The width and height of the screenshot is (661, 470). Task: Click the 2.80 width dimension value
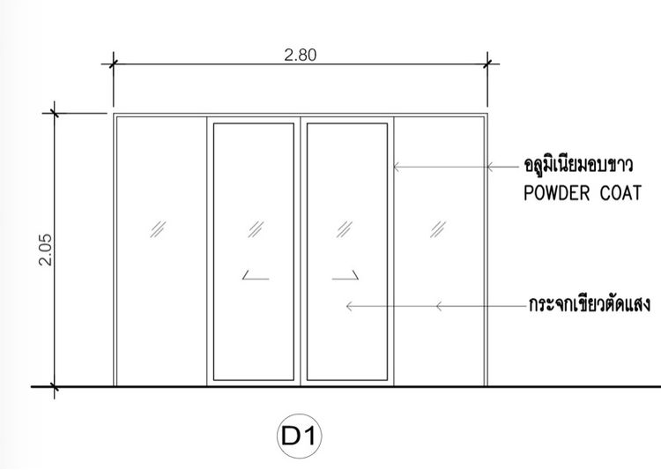pyautogui.click(x=301, y=56)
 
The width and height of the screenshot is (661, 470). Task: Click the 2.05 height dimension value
pyautogui.click(x=46, y=250)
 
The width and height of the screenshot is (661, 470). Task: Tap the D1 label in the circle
pyautogui.click(x=299, y=436)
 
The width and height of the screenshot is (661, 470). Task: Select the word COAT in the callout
pyautogui.click(x=620, y=193)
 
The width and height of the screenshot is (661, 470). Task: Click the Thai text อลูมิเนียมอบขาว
pyautogui.click(x=578, y=164)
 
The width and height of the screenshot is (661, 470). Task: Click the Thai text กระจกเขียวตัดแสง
pyautogui.click(x=590, y=303)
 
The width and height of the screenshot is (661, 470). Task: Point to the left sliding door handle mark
pyautogui.click(x=256, y=275)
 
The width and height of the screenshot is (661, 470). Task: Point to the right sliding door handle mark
pyautogui.click(x=345, y=275)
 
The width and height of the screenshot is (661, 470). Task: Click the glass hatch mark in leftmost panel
pyautogui.click(x=158, y=229)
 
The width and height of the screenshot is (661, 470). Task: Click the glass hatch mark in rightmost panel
pyautogui.click(x=437, y=229)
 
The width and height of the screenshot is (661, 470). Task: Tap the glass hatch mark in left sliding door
pyautogui.click(x=256, y=229)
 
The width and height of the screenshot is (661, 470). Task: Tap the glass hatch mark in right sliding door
pyautogui.click(x=344, y=229)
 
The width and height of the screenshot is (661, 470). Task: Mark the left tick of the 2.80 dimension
pyautogui.click(x=113, y=64)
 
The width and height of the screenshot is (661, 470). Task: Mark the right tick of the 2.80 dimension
pyautogui.click(x=487, y=64)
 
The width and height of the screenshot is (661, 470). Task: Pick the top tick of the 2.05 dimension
pyautogui.click(x=54, y=113)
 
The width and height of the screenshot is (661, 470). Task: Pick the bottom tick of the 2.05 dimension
pyautogui.click(x=54, y=386)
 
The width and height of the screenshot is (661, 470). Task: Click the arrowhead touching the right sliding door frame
pyautogui.click(x=397, y=167)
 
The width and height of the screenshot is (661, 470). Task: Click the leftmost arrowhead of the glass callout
pyautogui.click(x=349, y=306)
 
